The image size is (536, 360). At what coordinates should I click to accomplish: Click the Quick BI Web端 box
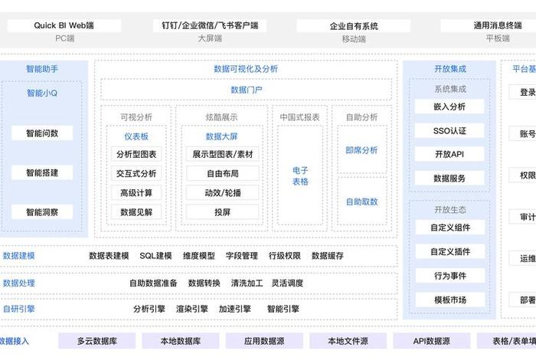(x=64, y=25)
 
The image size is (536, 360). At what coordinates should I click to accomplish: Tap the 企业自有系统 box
(x=355, y=25)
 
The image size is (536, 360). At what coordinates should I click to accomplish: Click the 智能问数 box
(x=42, y=133)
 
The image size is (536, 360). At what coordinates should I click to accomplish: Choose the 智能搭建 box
(x=42, y=173)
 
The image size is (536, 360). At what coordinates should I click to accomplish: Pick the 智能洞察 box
(x=42, y=212)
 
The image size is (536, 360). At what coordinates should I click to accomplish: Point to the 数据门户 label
(x=246, y=90)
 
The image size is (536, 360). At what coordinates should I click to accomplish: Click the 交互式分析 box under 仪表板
(x=136, y=173)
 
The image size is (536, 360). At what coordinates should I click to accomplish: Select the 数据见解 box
(x=136, y=212)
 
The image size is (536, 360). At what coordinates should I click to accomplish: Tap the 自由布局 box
(x=223, y=173)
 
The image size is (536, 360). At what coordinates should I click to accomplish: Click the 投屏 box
(x=223, y=212)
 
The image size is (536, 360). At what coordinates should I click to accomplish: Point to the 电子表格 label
(x=300, y=176)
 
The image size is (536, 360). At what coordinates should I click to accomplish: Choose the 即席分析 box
(x=361, y=150)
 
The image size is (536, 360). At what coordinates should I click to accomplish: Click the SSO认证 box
(x=449, y=131)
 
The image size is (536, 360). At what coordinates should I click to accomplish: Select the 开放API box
(x=449, y=154)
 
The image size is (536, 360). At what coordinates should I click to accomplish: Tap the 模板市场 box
(x=449, y=299)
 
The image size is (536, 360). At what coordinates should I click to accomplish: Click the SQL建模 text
(x=155, y=256)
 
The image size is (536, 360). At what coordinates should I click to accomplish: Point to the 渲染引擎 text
(x=191, y=309)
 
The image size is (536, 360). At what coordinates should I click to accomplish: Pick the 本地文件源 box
(x=348, y=341)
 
